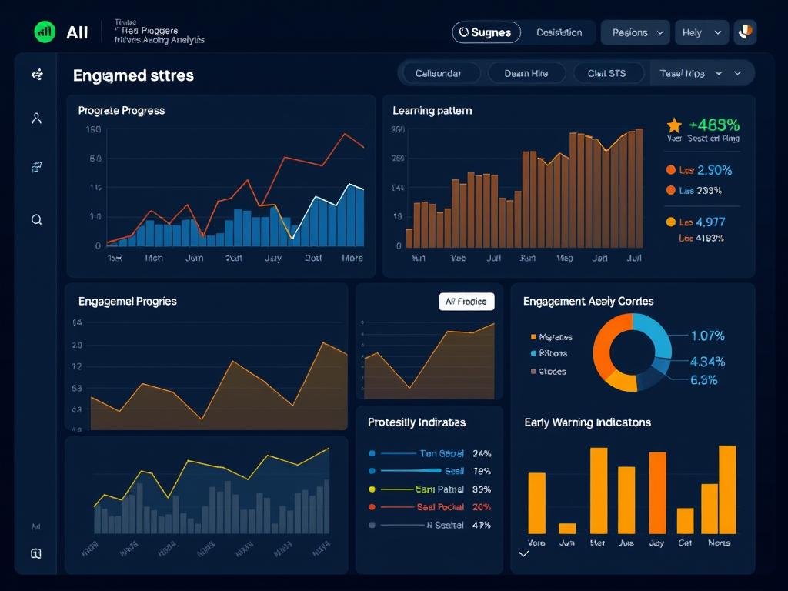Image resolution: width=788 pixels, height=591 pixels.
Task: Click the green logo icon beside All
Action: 45,32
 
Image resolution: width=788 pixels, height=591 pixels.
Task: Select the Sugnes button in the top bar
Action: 486,32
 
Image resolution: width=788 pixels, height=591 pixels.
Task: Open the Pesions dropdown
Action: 639,32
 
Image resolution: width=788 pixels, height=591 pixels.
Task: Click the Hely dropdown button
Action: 701,32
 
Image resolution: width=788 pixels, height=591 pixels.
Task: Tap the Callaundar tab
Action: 439,74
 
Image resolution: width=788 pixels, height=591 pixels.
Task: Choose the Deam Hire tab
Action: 526,74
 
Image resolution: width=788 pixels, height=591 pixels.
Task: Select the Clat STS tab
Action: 606,74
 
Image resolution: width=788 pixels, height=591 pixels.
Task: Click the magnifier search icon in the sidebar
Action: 36,220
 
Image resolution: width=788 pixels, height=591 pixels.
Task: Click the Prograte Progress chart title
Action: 122,111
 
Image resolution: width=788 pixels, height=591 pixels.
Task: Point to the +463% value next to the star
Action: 714,125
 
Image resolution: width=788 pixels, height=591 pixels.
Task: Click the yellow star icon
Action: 674,125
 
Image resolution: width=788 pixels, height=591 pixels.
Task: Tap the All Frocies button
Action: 466,302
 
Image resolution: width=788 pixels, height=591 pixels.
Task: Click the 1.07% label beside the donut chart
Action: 707,336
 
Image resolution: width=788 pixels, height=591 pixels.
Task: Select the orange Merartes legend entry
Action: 551,337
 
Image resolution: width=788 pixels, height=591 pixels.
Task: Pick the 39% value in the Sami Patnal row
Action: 482,489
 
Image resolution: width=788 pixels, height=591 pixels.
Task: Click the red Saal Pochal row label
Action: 439,507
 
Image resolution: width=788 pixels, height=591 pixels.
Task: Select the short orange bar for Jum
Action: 567,528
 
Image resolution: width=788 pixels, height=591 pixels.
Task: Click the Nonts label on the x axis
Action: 719,543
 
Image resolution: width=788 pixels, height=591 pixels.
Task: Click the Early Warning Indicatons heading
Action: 587,422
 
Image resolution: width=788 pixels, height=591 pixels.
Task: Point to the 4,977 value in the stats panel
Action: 710,222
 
